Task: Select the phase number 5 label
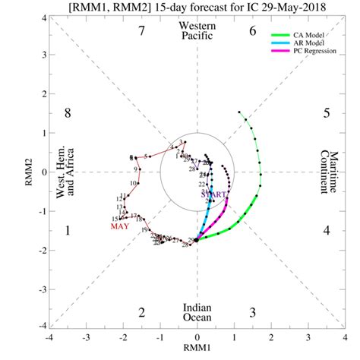[x=327, y=114]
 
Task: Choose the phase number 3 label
[x=252, y=312]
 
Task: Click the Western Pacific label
[x=197, y=31]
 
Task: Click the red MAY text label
[x=120, y=226]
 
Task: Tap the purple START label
[x=214, y=194]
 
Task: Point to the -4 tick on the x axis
[x=49, y=337]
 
